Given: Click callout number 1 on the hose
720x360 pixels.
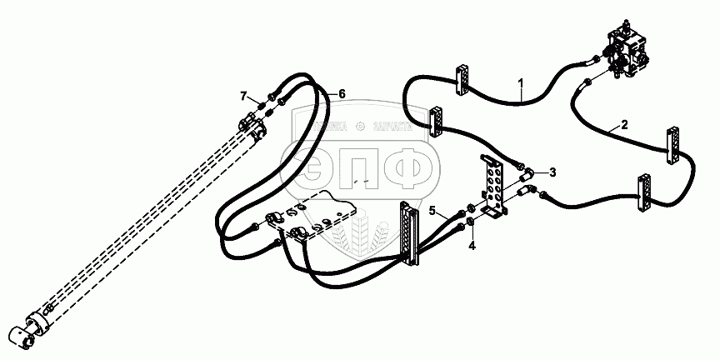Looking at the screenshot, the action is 520,83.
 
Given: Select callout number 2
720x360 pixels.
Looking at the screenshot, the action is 625,126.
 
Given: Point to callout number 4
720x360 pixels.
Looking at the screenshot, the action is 471,246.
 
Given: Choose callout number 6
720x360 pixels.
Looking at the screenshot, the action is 341,93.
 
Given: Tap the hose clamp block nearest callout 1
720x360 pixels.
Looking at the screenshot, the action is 464,77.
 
